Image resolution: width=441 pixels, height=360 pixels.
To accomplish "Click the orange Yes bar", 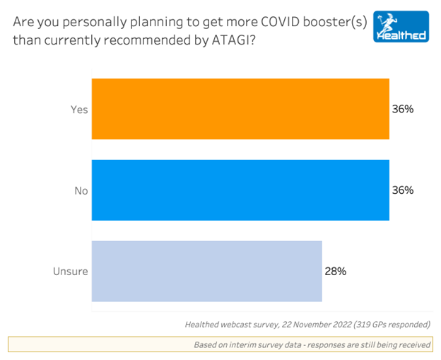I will [x=240, y=109].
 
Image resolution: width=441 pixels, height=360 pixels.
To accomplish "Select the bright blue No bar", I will [x=240, y=190].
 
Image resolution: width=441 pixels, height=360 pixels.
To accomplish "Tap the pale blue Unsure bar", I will [x=207, y=271].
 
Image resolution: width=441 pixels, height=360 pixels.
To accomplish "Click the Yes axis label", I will [x=79, y=110].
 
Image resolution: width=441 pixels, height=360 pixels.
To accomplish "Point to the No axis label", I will [x=81, y=190].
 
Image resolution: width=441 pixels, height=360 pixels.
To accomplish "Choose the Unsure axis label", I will [x=71, y=271].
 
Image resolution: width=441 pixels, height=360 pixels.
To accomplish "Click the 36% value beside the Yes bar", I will [x=402, y=110].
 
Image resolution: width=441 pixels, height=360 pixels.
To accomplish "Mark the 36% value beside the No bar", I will [x=402, y=190].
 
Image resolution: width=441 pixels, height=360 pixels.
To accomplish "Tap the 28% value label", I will [x=335, y=271].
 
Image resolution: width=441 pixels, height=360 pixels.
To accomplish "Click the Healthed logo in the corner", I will [x=400, y=25].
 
